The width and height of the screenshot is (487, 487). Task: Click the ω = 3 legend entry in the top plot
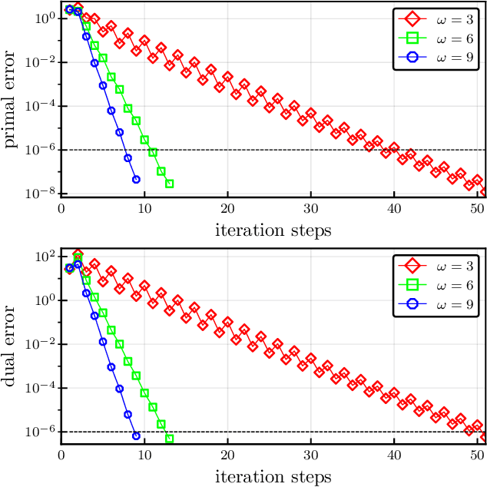pyautogui.click(x=436, y=18)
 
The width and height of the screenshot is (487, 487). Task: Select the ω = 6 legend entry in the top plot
pyautogui.click(x=436, y=38)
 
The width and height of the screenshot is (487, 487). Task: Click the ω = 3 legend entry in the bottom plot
pyautogui.click(x=436, y=267)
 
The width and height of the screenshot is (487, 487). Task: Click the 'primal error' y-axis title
pyautogui.click(x=13, y=100)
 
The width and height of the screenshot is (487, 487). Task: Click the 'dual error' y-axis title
pyautogui.click(x=13, y=350)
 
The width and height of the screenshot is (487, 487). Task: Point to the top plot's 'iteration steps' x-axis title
pyautogui.click(x=273, y=228)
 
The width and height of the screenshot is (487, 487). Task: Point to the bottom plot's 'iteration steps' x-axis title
pyautogui.click(x=273, y=477)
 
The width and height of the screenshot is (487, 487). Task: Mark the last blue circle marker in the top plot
pyautogui.click(x=136, y=180)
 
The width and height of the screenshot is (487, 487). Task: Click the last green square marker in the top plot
pyautogui.click(x=169, y=184)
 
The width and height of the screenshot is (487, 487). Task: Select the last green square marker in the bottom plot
pyautogui.click(x=169, y=439)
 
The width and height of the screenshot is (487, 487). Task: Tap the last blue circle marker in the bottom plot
pyautogui.click(x=136, y=436)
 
